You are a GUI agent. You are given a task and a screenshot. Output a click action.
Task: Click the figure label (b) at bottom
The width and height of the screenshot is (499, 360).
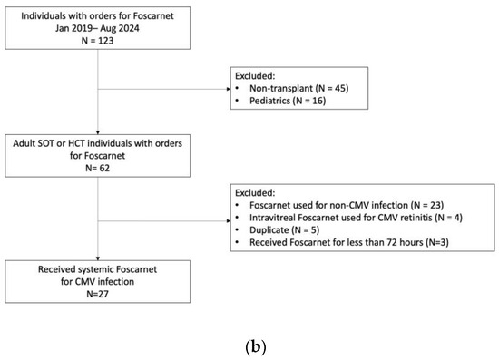click(249, 344)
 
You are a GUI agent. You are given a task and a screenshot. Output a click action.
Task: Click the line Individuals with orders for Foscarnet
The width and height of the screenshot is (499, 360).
click(97, 15)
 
